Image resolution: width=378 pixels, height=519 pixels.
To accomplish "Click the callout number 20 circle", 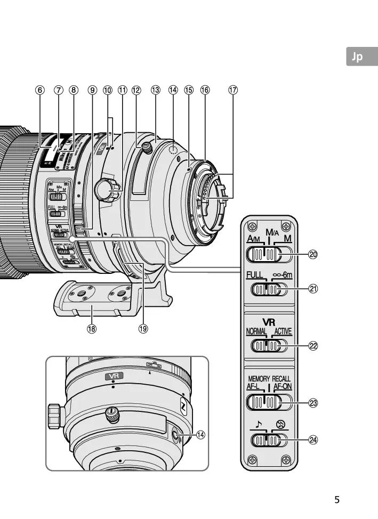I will pos(313,255).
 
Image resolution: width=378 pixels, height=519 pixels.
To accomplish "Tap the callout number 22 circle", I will pos(313,345).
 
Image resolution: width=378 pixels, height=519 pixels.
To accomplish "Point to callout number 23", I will pos(313,403).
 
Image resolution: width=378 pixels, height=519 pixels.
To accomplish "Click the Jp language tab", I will pos(356,57).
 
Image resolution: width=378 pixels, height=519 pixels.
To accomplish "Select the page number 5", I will pos(336,500).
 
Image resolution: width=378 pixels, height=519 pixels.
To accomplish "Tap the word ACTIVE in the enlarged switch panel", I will pos(283,331).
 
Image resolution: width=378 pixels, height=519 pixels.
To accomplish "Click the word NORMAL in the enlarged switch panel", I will pos(256,331).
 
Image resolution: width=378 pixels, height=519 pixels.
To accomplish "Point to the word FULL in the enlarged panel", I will pos(256,275).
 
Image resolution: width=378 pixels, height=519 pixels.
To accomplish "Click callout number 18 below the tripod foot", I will pos(92,329).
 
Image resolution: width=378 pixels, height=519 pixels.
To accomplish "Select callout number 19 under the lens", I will pos(143,329).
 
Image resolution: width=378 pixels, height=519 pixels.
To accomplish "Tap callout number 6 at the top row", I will pos(39,90).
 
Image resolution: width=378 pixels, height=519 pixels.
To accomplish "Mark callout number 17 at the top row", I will pos(233,90).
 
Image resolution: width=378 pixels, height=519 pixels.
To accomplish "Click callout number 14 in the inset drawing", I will pos(200,435).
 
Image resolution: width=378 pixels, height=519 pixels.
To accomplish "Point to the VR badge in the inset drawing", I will pos(113,376).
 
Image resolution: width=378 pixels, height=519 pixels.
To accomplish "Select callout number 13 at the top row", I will pos(155,90).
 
